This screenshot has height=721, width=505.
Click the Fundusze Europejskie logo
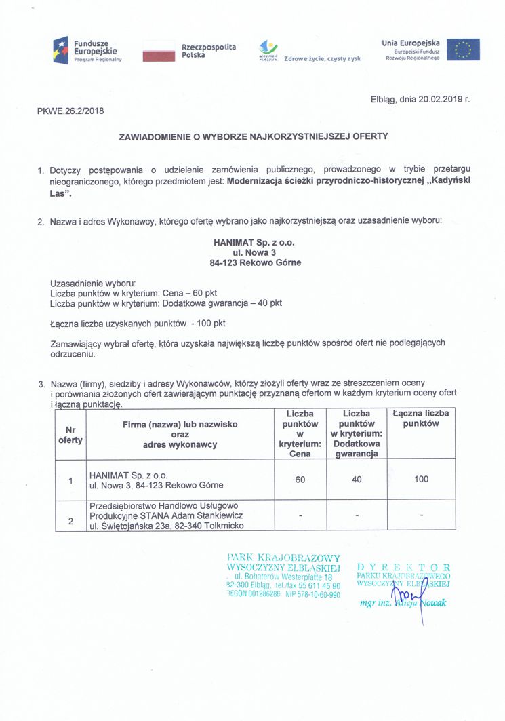[x=86, y=50]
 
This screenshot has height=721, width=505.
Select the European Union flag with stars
[x=462, y=50]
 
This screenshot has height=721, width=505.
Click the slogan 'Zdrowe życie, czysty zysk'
[x=322, y=59]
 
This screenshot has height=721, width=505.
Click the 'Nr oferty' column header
[x=70, y=435]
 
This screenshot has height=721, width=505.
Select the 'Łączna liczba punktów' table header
[x=421, y=418]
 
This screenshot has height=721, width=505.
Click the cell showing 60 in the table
[x=300, y=480]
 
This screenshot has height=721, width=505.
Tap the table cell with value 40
[x=356, y=480]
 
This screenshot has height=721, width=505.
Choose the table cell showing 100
[x=421, y=480]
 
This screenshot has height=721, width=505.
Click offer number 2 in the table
[x=70, y=521]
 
